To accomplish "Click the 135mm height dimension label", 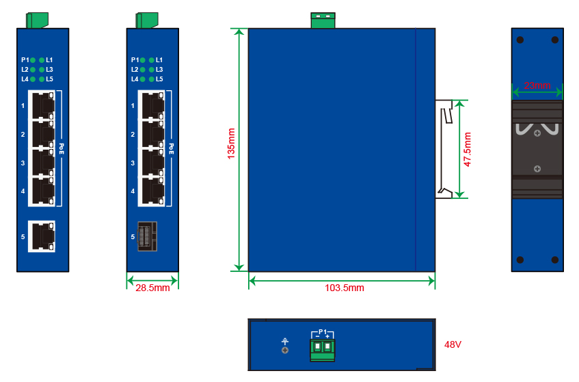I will (231, 149).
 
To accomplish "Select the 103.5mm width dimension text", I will (345, 288).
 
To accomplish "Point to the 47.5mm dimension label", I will (468, 150).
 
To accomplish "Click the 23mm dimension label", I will (537, 86).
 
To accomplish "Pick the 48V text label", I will (453, 344).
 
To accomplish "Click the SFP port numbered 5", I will (147, 236).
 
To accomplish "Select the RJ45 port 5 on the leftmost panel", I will (42, 236).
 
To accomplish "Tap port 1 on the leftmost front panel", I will (42, 105).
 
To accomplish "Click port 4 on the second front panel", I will (152, 191).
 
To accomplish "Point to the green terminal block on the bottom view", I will (322, 349).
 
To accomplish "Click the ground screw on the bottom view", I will (285, 350).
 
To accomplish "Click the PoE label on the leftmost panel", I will (62, 148).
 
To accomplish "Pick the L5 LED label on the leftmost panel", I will (49, 79).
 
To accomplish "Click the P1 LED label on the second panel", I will (135, 60).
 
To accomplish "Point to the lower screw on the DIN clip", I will (538, 169).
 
